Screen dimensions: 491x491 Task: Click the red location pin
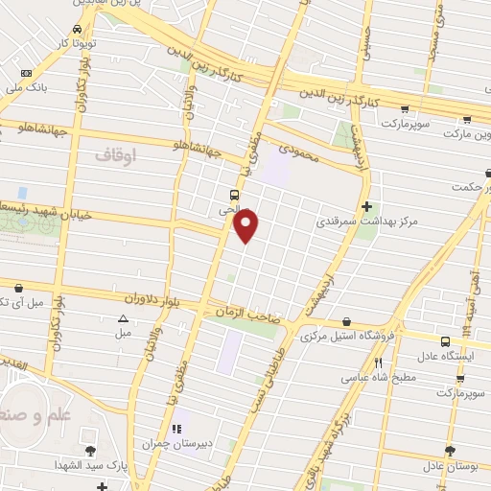[246, 225]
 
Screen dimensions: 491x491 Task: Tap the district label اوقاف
[117, 153]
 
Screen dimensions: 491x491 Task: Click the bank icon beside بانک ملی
[25, 74]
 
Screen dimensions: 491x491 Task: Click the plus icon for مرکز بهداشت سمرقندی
[367, 206]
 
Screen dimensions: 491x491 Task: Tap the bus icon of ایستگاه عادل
[446, 341]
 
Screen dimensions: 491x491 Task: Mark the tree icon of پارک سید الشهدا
[89, 450]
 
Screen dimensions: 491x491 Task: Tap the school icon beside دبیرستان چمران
[175, 429]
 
